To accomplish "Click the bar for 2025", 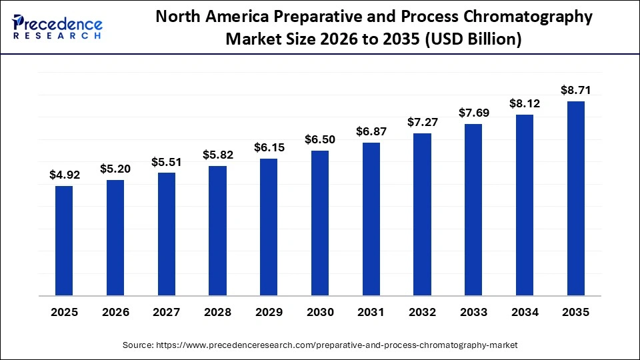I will (x=64, y=240).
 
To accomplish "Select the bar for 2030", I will (x=320, y=223).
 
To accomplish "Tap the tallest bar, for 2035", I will (x=575, y=198).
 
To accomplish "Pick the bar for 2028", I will (x=217, y=230).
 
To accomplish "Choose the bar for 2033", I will (x=473, y=209).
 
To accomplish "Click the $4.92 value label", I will (x=64, y=175).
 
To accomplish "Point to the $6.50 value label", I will (x=320, y=140).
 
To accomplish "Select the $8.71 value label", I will (x=575, y=90).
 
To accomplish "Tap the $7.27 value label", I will (x=422, y=123).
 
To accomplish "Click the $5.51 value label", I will (x=167, y=162).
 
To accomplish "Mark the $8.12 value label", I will (x=525, y=103).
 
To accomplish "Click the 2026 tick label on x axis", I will (x=115, y=312).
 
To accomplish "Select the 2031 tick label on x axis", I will (x=371, y=312).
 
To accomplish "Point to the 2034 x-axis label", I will (x=525, y=312).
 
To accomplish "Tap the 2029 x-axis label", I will (x=269, y=312).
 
